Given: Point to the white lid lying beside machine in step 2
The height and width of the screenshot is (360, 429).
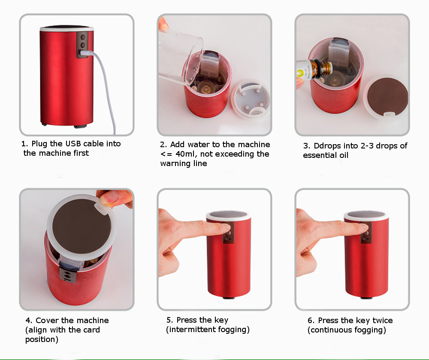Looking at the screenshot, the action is pyautogui.click(x=251, y=99).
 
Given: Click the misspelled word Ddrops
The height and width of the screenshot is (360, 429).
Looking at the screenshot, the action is pyautogui.click(x=326, y=146).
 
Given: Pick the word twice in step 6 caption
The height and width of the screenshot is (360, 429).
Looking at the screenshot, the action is pyautogui.click(x=383, y=321).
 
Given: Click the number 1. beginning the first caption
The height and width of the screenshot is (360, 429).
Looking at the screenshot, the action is pyautogui.click(x=24, y=144).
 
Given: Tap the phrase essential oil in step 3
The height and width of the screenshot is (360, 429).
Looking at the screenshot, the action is pyautogui.click(x=326, y=155).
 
